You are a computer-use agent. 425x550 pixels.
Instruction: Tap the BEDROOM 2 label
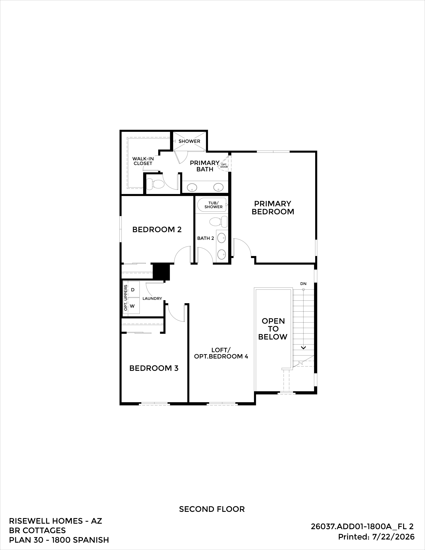click(157, 229)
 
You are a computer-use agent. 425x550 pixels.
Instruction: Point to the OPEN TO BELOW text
click(273, 329)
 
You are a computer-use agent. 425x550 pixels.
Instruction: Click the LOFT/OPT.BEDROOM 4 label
click(221, 353)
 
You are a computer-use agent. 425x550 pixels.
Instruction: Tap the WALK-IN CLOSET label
click(143, 161)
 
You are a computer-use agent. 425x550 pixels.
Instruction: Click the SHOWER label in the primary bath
click(189, 141)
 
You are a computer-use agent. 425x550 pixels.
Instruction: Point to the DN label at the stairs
click(303, 283)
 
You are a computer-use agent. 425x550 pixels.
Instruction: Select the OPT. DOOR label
click(224, 165)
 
